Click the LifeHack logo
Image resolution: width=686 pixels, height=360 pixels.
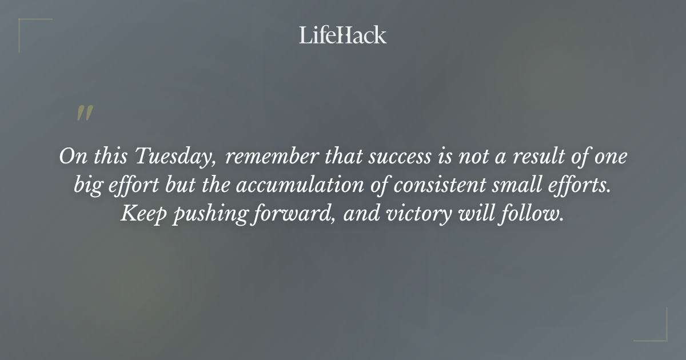pos(342,35)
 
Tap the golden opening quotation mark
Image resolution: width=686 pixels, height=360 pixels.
pos(85,113)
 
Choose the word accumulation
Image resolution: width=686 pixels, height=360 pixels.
pos(299,185)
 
